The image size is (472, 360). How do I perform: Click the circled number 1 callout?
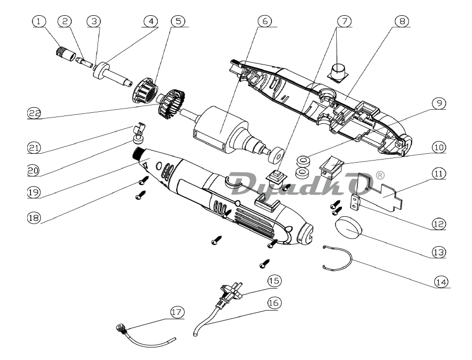(x=38, y=22)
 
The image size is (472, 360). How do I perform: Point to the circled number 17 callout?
(x=176, y=312)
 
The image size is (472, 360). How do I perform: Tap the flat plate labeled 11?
(x=385, y=194)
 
